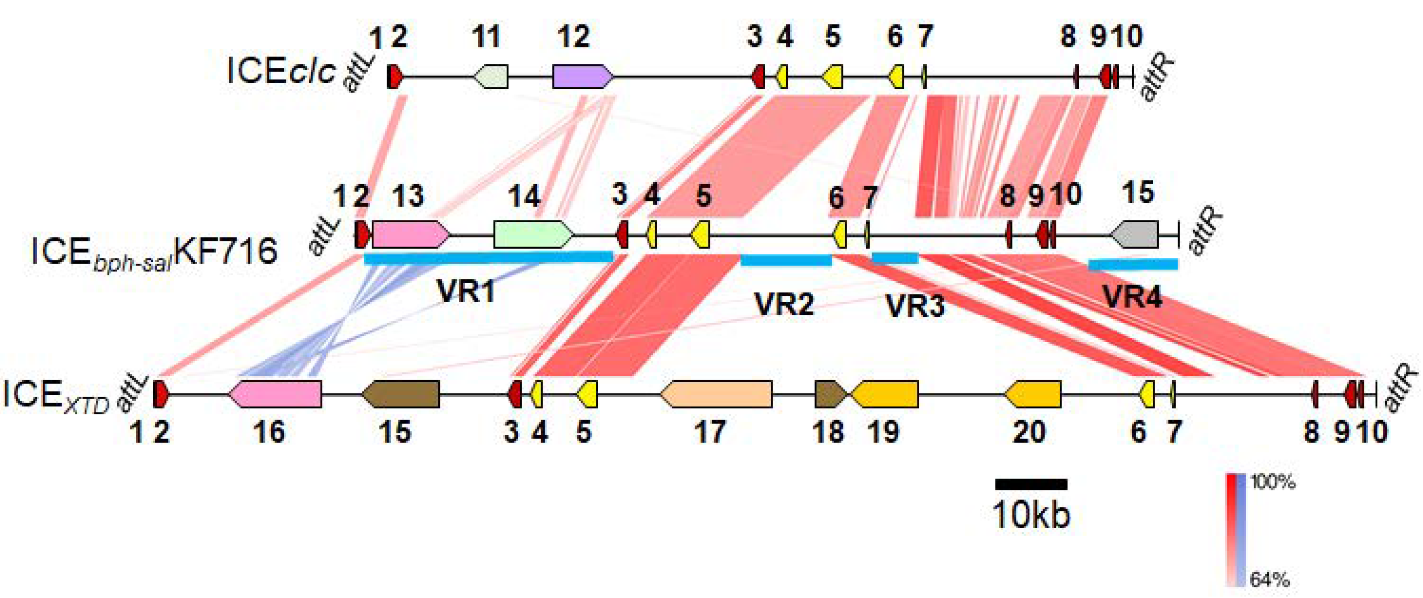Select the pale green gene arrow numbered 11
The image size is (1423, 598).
click(491, 76)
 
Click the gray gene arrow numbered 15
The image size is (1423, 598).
click(1135, 234)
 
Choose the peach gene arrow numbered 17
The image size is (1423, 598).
click(716, 394)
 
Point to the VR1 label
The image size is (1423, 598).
click(466, 291)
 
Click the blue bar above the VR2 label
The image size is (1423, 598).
click(786, 260)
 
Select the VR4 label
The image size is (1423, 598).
click(1132, 298)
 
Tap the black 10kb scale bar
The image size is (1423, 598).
click(1031, 484)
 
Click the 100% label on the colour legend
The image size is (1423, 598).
click(1272, 483)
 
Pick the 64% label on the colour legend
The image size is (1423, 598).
click(1269, 580)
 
